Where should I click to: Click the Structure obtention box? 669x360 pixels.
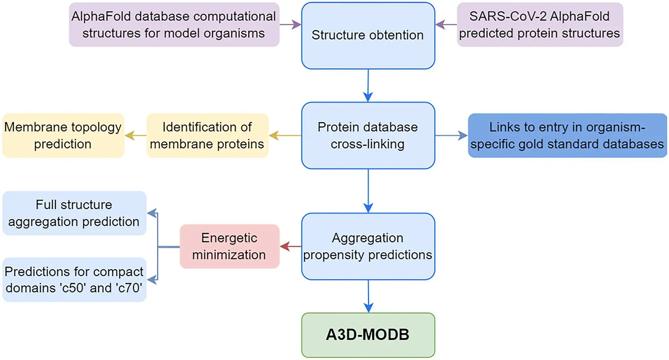368,36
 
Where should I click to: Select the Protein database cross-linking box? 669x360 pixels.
368,135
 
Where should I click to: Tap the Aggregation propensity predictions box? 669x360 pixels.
368,246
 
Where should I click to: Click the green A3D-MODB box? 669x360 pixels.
368,335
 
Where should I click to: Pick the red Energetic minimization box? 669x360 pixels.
229,246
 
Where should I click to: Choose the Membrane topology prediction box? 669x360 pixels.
63,135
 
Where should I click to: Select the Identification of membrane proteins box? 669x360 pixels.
208,135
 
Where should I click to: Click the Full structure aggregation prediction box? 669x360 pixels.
75,213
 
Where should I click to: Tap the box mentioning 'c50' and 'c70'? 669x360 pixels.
75,280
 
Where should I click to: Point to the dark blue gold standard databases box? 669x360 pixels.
567,135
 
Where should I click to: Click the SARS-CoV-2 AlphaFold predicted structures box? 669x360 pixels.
540,25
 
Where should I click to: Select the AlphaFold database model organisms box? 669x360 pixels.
174,25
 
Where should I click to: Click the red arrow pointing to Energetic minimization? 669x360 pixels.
291,246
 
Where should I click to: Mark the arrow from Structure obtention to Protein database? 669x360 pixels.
368,86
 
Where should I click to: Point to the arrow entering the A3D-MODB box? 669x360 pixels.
368,296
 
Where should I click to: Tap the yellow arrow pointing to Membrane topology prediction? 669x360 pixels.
136,135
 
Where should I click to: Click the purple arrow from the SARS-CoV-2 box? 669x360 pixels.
446,25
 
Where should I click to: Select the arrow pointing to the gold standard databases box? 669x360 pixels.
452,135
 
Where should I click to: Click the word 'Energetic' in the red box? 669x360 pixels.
229,238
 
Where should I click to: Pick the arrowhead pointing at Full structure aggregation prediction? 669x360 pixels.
152,213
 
